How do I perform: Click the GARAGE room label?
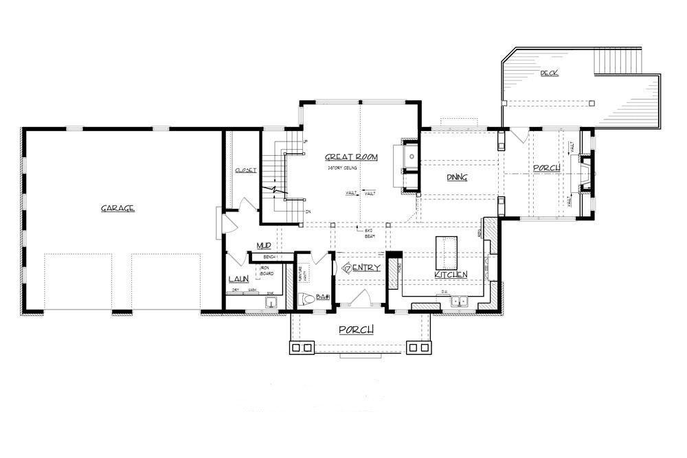(117, 208)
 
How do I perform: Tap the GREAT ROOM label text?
(352, 157)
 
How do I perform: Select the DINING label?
(457, 177)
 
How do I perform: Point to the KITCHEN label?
(451, 275)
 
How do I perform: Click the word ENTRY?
(365, 268)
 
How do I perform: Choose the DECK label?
(548, 73)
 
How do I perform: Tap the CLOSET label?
(245, 170)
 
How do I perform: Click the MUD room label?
(264, 245)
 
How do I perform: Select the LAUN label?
(238, 279)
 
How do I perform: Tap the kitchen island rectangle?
(447, 252)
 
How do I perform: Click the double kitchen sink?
(458, 301)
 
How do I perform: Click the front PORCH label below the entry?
(357, 330)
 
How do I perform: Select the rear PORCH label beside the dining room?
(546, 168)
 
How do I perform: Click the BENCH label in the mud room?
(269, 257)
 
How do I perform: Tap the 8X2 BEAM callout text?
(359, 232)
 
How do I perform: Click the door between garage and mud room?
(221, 222)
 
